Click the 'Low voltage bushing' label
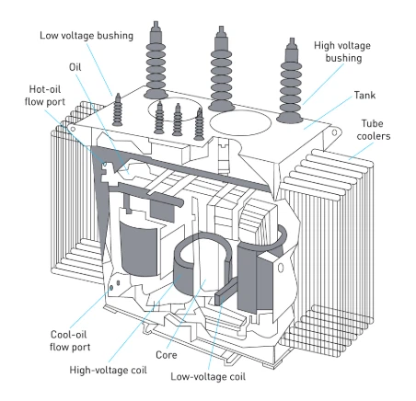click(x=87, y=36)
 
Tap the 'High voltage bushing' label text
click(x=342, y=52)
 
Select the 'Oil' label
click(x=75, y=67)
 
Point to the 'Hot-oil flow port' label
click(x=45, y=96)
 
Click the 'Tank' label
click(x=364, y=95)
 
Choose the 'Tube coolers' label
click(x=374, y=130)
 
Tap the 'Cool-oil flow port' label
click(x=70, y=340)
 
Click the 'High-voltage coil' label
click(x=109, y=370)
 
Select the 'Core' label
click(x=167, y=355)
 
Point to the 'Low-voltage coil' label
click(x=208, y=376)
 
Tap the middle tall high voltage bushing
click(x=221, y=69)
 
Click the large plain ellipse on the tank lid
click(x=240, y=122)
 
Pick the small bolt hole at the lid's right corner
click(x=334, y=132)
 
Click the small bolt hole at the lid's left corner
click(x=73, y=129)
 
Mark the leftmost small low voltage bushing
click(x=117, y=109)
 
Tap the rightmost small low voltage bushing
click(x=200, y=124)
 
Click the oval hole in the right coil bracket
click(x=281, y=268)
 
